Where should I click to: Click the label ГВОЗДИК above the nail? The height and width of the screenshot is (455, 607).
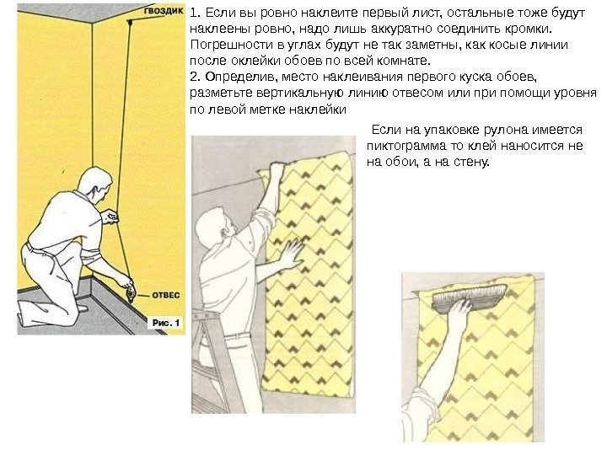[x=164, y=11]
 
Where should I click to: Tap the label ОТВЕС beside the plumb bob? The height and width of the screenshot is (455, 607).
[x=166, y=295]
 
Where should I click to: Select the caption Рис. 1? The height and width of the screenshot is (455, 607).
[x=166, y=323]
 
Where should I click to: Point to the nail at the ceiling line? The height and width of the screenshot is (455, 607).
[x=130, y=23]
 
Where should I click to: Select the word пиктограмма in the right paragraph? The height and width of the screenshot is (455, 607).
[x=411, y=146]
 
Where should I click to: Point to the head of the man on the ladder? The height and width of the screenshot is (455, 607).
[x=212, y=227]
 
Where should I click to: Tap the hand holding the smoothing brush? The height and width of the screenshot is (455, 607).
[x=459, y=308]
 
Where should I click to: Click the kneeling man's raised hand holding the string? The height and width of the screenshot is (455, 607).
[x=110, y=216]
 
